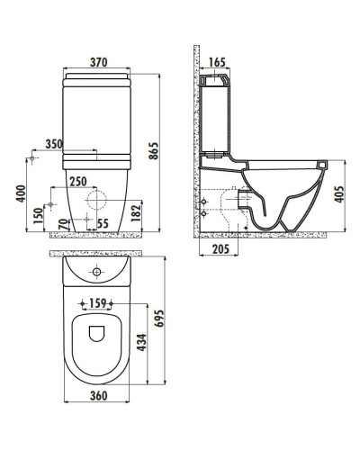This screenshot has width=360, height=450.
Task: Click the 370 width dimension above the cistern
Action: coord(100,62)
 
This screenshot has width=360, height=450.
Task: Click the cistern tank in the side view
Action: coord(217,121)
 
